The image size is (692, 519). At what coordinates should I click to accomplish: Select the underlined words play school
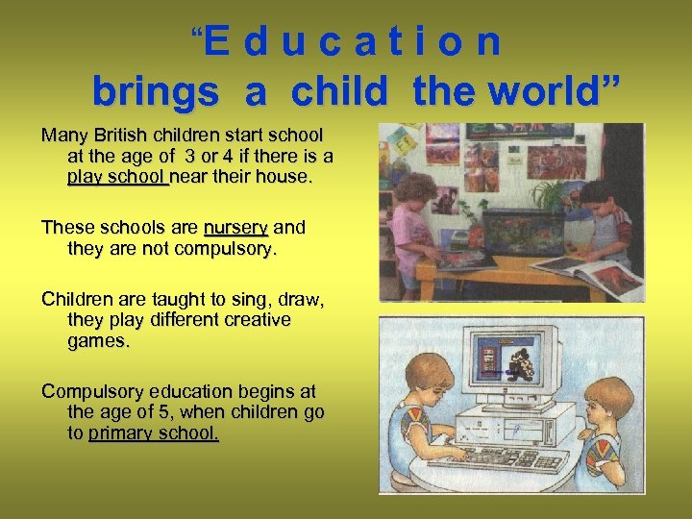[117, 177]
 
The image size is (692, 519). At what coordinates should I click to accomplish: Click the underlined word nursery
[235, 228]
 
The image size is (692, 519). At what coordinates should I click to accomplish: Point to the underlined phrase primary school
[154, 433]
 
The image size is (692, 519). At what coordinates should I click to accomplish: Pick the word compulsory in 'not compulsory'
[218, 249]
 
